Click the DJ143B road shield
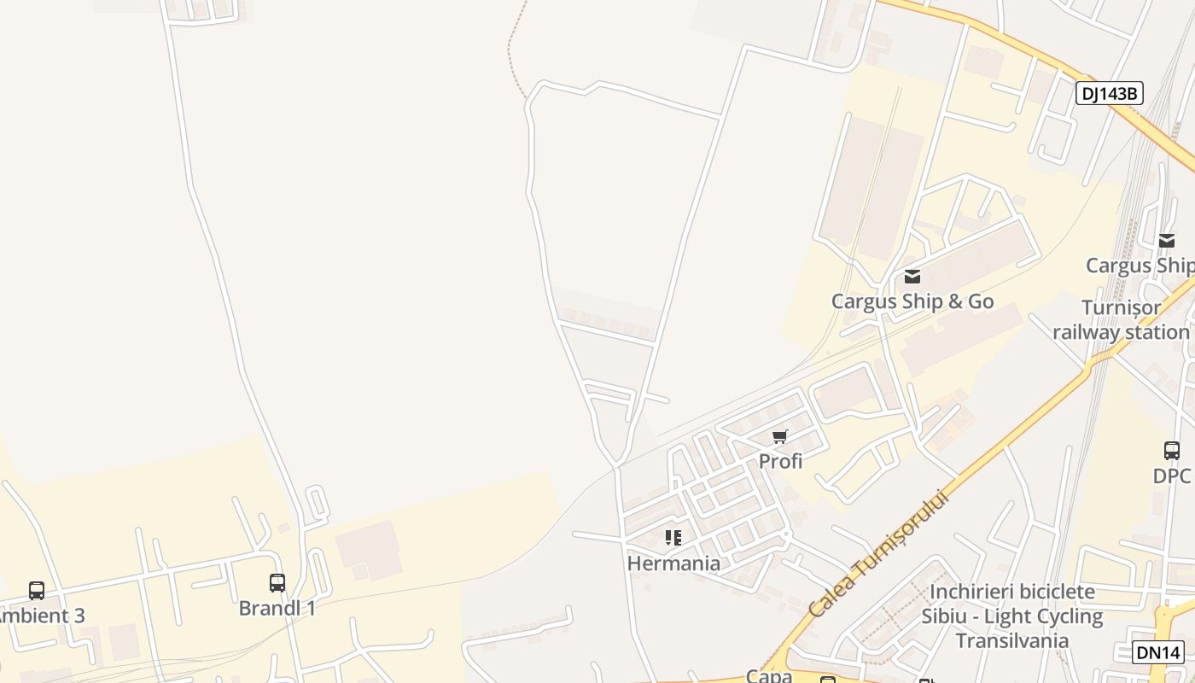click(x=1109, y=93)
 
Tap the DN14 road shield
click(x=1158, y=652)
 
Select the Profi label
click(x=780, y=461)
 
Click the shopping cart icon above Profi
click(x=779, y=437)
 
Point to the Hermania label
click(x=673, y=563)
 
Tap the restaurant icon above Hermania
click(x=673, y=538)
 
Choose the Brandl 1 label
click(x=277, y=608)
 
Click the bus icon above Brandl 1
click(x=277, y=583)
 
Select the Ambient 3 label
click(x=40, y=616)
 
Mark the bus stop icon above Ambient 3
click(x=37, y=590)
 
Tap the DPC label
click(x=1171, y=476)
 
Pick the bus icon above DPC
click(x=1172, y=451)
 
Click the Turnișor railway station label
click(x=1121, y=319)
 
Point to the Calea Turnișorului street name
click(x=878, y=552)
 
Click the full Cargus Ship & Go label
click(x=912, y=301)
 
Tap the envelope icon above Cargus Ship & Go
click(x=912, y=276)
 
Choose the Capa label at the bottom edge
click(x=769, y=675)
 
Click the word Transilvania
click(x=1011, y=640)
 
